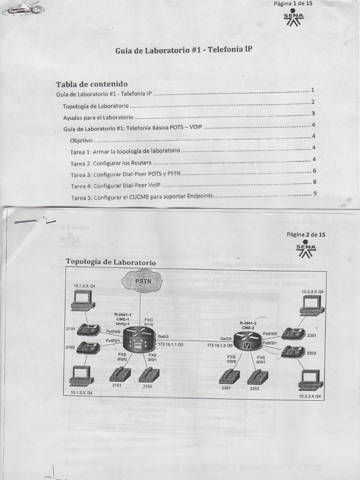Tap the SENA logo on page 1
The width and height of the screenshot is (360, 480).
click(x=293, y=18)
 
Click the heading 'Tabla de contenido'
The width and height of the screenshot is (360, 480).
click(x=92, y=84)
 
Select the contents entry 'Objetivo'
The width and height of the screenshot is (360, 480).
click(x=81, y=140)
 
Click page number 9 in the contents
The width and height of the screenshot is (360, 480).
click(x=315, y=193)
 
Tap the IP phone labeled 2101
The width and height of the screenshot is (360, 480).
click(x=88, y=330)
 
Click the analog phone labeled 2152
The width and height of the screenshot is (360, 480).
click(x=149, y=375)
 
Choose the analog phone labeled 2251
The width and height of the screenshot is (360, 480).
click(x=229, y=376)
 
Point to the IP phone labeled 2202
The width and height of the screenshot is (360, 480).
click(x=293, y=352)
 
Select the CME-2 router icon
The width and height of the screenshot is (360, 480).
click(x=245, y=343)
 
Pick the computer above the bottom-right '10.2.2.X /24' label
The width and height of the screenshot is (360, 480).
click(x=311, y=380)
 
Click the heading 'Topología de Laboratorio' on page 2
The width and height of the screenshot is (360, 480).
click(x=111, y=262)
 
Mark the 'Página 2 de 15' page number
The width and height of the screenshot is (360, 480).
click(x=306, y=234)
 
